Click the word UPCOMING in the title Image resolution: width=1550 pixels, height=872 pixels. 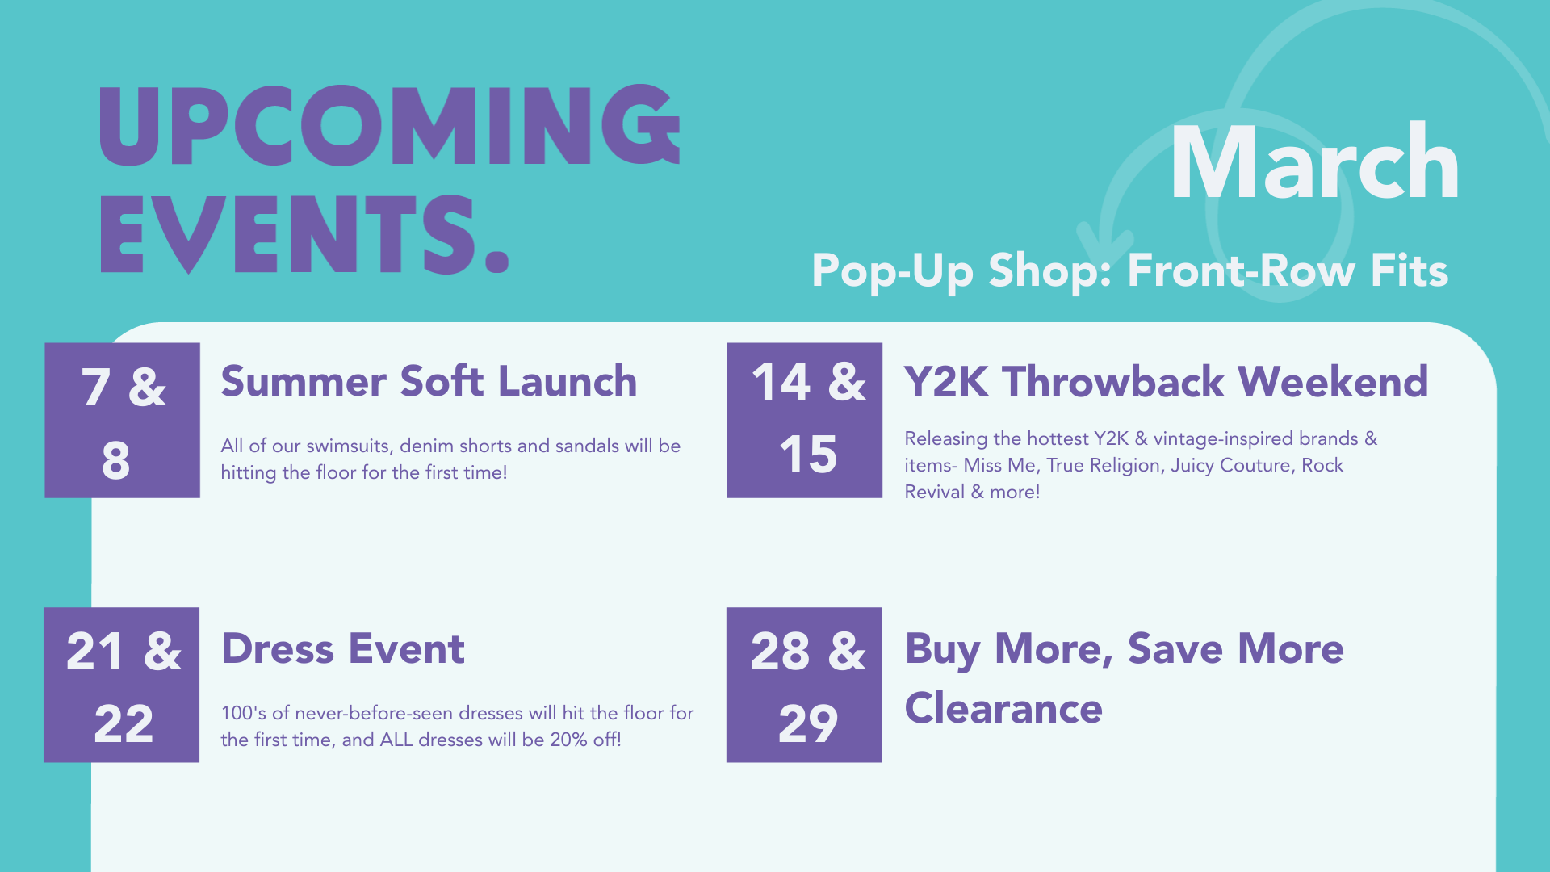[x=389, y=126]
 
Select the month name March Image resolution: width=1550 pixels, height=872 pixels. [x=1314, y=163]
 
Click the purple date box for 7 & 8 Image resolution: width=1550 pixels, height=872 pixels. [x=122, y=420]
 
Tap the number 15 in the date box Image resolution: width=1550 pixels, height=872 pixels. [x=807, y=455]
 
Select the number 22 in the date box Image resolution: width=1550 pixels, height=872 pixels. [x=123, y=724]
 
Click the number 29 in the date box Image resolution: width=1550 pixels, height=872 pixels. [x=807, y=724]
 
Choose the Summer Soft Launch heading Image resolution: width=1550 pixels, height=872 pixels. [x=429, y=381]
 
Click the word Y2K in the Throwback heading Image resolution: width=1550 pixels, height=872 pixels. [x=945, y=382]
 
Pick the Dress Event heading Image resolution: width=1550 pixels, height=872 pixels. [x=342, y=649]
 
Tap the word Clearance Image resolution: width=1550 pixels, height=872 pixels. [x=1003, y=709]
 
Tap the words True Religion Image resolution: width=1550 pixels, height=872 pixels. [x=1104, y=466]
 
